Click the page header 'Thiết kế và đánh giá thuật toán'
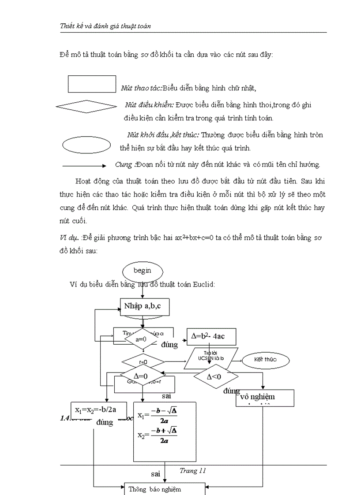point(105,26)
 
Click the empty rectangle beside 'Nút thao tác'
point(92,84)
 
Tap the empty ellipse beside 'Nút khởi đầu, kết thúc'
point(86,145)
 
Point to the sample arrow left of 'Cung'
point(84,166)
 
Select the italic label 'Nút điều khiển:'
point(150,105)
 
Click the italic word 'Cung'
point(124,165)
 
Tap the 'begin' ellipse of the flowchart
point(142,271)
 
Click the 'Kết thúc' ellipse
point(265,360)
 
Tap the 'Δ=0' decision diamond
point(141,376)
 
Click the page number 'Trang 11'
point(193,471)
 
